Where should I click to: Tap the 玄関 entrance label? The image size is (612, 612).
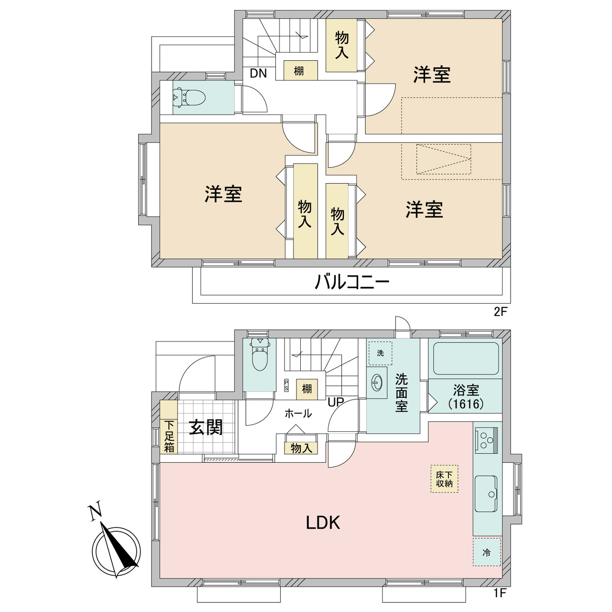coord(206,428)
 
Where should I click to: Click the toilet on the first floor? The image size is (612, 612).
coord(260,354)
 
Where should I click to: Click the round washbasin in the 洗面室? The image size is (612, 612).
coord(377,382)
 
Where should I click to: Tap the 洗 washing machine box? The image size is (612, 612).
coord(380,353)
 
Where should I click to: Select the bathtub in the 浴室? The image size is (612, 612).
coord(466,358)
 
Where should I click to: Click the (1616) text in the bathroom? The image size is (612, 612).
coord(466,404)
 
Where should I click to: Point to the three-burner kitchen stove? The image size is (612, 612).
coord(486,440)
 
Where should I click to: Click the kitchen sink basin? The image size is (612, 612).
coord(486,493)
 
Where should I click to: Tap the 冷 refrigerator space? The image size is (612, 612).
coord(487,552)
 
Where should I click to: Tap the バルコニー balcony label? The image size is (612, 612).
coord(352,283)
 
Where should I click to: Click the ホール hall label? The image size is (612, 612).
coord(298,414)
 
